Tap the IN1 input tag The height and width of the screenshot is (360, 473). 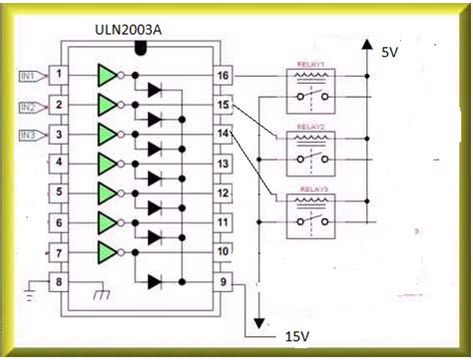31,75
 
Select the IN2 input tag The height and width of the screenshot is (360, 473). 31,105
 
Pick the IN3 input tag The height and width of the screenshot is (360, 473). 31,134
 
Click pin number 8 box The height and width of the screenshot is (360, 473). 61,281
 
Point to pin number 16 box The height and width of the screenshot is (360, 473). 225,75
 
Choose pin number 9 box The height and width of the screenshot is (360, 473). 225,281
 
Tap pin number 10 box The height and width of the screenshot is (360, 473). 225,251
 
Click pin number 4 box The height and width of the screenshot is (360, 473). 61,163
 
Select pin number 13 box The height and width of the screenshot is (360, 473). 225,163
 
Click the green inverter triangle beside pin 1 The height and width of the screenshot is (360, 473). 107,75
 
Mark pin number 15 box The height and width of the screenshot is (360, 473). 225,105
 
